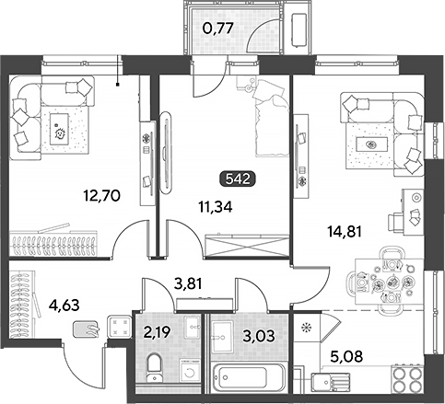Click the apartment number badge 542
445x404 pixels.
click(238, 179)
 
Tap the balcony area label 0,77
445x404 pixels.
click(218, 29)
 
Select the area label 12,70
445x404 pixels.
click(102, 195)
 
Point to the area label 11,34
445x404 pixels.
click(216, 207)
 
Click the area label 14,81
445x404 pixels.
click(345, 232)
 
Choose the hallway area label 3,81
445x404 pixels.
click(188, 283)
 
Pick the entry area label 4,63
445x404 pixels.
click(64, 306)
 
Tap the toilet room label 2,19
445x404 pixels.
click(158, 331)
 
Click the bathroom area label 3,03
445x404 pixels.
click(259, 336)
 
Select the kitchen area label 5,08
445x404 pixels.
click(346, 357)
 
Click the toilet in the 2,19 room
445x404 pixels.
click(154, 368)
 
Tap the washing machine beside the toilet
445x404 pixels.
click(190, 371)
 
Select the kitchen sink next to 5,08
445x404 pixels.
click(331, 383)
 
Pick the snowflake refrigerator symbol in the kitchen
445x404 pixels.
click(306, 328)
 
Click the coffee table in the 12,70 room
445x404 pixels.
click(59, 129)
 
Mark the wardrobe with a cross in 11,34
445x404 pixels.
click(247, 245)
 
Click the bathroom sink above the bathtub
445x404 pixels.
click(222, 337)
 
